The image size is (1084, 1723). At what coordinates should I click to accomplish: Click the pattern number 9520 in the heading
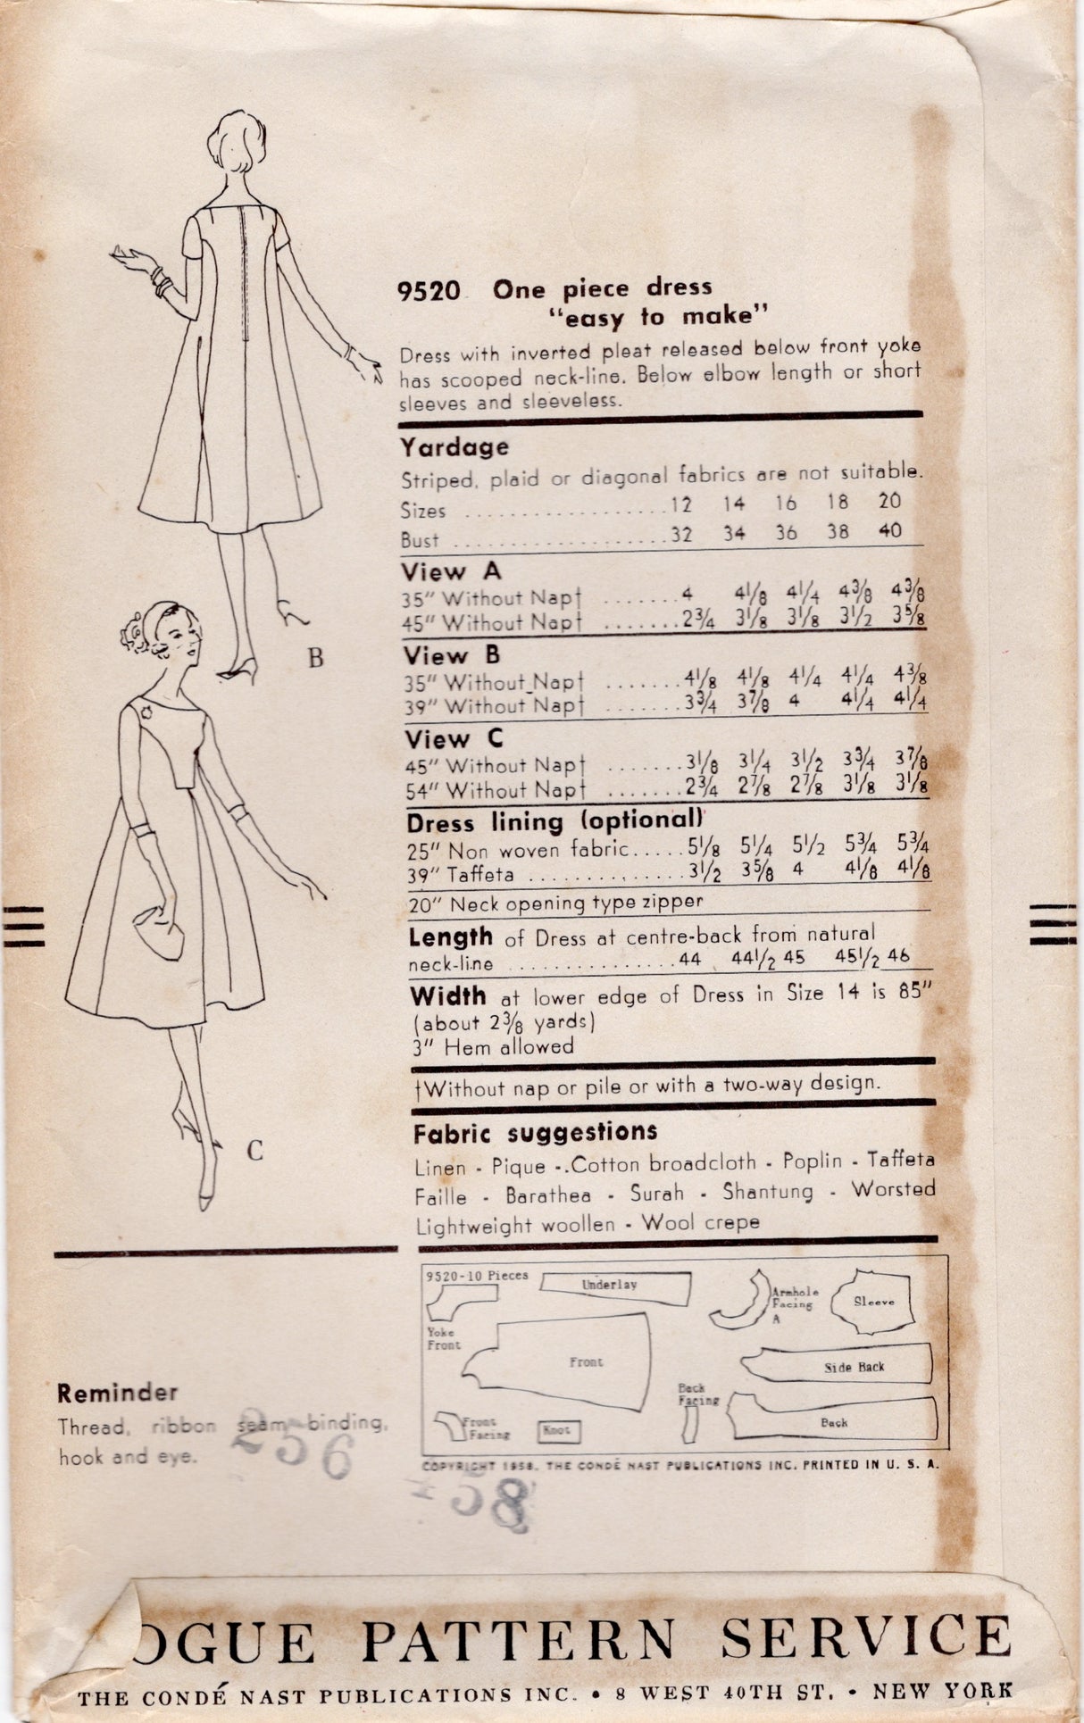[x=429, y=292]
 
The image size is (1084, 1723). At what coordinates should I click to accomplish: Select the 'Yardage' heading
[x=454, y=446]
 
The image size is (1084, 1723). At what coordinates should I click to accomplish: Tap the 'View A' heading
[x=451, y=571]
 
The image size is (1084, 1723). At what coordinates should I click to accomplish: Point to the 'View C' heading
[x=454, y=739]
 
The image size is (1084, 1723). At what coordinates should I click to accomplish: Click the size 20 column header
[x=889, y=501]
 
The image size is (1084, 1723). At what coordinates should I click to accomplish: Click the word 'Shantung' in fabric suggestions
[x=768, y=1192]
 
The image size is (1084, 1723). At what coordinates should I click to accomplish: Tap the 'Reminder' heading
[x=118, y=1392]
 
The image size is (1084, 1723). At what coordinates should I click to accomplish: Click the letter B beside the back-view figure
[x=314, y=659]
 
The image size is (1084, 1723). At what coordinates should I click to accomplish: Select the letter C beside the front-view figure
[x=254, y=1152]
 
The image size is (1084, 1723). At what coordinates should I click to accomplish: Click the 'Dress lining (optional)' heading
[x=554, y=821]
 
